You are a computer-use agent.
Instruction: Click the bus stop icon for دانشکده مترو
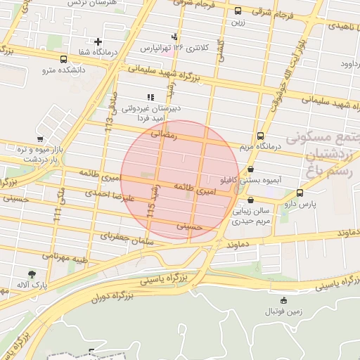(x=64, y=60)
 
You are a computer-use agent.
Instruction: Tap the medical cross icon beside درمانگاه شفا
(x=98, y=41)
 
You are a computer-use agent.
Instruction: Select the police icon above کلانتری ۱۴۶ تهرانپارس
(x=174, y=37)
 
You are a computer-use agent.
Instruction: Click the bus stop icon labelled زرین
(x=238, y=11)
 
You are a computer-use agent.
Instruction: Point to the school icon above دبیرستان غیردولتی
(x=149, y=97)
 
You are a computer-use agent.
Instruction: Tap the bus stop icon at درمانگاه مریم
(x=261, y=136)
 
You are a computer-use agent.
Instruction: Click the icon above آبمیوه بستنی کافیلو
(x=251, y=169)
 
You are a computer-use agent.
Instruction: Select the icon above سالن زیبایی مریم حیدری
(x=250, y=200)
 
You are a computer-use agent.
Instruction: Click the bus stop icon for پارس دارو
(x=300, y=193)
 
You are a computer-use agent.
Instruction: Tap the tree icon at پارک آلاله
(x=32, y=275)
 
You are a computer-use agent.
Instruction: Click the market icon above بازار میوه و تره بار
(x=41, y=139)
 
